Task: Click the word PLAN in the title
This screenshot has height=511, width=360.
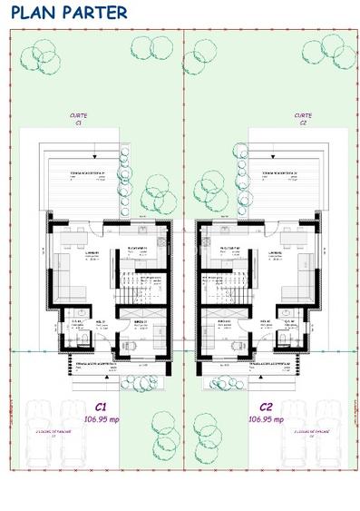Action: click(29, 13)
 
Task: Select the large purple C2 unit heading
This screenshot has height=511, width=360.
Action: click(267, 408)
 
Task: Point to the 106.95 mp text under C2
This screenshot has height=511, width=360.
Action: click(267, 420)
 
